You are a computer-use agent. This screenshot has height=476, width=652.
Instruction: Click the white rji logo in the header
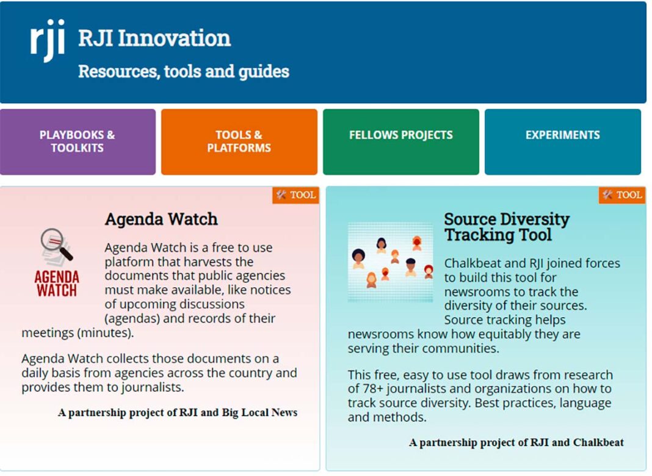(48, 40)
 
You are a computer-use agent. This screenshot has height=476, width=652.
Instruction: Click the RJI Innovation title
(154, 38)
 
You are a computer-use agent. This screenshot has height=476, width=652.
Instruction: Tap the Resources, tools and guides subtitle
(183, 71)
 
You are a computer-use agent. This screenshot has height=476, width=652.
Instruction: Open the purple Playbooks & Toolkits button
(78, 142)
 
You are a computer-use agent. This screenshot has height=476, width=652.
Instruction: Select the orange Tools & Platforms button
(239, 142)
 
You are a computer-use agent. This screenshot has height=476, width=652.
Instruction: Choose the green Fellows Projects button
(401, 142)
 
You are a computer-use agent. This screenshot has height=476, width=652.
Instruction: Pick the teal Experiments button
(563, 142)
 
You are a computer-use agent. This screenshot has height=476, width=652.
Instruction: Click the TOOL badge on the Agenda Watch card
(295, 195)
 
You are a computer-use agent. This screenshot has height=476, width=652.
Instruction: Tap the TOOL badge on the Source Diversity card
(622, 195)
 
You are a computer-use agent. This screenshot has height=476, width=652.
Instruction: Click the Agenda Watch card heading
(161, 219)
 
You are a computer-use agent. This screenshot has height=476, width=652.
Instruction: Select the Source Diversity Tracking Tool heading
(507, 227)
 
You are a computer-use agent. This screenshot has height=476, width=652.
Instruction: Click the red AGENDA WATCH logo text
(57, 284)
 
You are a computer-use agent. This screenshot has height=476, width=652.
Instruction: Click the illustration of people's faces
(390, 262)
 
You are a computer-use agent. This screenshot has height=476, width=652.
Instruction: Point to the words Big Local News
(259, 412)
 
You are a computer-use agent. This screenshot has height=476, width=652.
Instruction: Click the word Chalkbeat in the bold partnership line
(598, 442)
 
